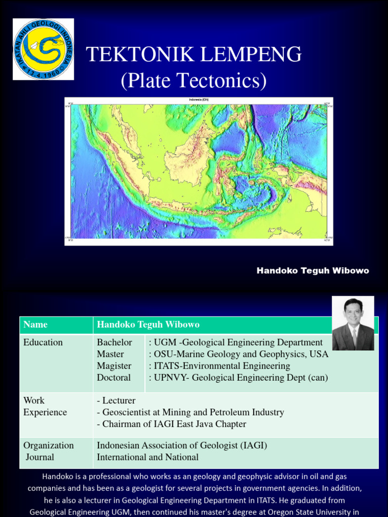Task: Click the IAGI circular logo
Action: pyautogui.click(x=43, y=49)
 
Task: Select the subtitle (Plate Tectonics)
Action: pyautogui.click(x=193, y=80)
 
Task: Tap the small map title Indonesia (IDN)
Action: pyautogui.click(x=199, y=100)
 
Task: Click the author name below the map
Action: pyautogui.click(x=313, y=271)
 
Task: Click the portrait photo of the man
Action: pyautogui.click(x=353, y=324)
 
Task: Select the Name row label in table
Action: pyautogui.click(x=35, y=325)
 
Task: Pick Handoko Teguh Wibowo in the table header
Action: pyautogui.click(x=148, y=325)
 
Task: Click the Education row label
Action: pyautogui.click(x=43, y=342)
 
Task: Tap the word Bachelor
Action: pyautogui.click(x=114, y=342)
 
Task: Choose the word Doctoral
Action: pyautogui.click(x=114, y=377)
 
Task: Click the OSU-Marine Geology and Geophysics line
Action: pyautogui.click(x=238, y=354)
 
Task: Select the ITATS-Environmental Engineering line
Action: pyautogui.click(x=219, y=366)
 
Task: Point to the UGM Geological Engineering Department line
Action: pyautogui.click(x=235, y=342)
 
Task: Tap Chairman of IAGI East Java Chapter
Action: pyautogui.click(x=171, y=424)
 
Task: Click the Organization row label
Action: pyautogui.click(x=48, y=445)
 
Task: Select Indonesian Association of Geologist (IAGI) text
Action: pyautogui.click(x=182, y=445)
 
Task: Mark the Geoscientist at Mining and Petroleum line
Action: pyautogui.click(x=190, y=412)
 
